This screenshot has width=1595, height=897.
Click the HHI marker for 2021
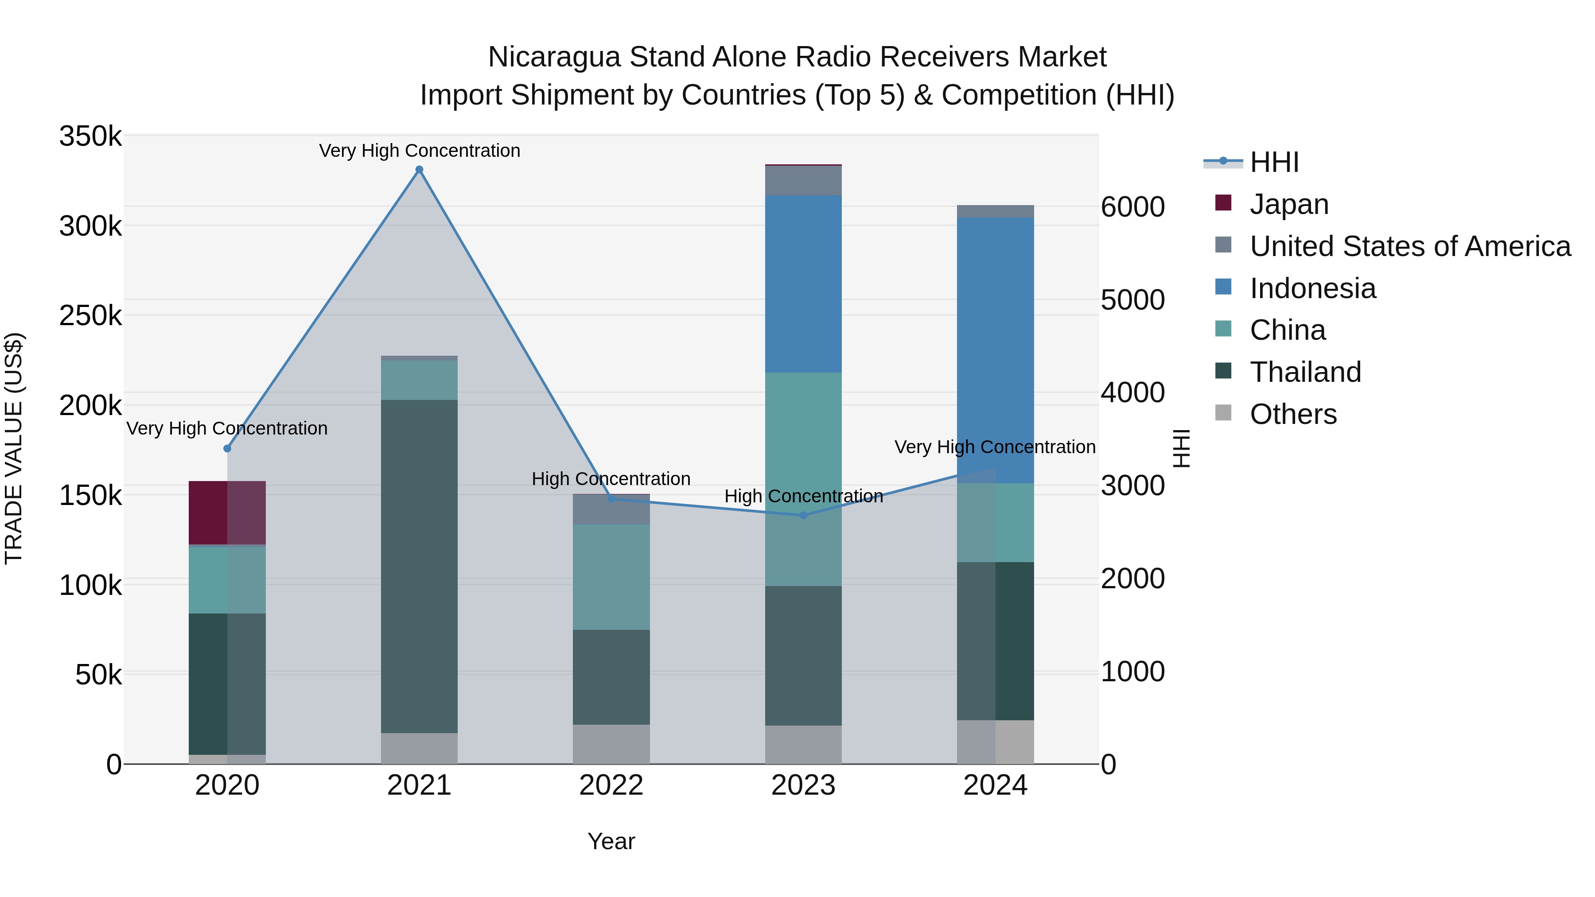419,170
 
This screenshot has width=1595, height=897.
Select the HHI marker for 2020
227,448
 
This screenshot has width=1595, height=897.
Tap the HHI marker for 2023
803,515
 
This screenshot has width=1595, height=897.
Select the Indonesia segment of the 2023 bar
803,283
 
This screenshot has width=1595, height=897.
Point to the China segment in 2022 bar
611,577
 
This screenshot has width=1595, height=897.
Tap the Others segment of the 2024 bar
995,742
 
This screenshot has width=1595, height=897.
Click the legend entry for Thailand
1305,372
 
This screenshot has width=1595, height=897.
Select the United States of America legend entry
1409,246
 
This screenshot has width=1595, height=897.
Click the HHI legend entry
1274,162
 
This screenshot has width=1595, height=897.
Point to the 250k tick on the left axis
90,316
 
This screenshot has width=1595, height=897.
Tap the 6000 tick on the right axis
1132,207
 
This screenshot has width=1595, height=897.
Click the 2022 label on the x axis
611,785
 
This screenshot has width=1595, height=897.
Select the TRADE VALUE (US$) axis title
14,448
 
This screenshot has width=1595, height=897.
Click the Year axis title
611,841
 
